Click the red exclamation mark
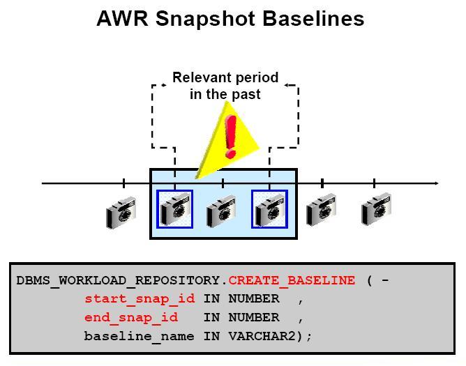[230, 135]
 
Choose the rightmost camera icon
[376, 210]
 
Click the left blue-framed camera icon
[174, 209]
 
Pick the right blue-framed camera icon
[269, 209]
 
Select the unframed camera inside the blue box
[221, 211]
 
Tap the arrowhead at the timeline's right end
[436, 183]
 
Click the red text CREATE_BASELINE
[292, 281]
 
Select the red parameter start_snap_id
[140, 299]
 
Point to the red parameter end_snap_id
[131, 317]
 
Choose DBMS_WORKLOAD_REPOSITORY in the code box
[119, 281]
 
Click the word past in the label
[247, 93]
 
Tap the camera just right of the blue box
[322, 210]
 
